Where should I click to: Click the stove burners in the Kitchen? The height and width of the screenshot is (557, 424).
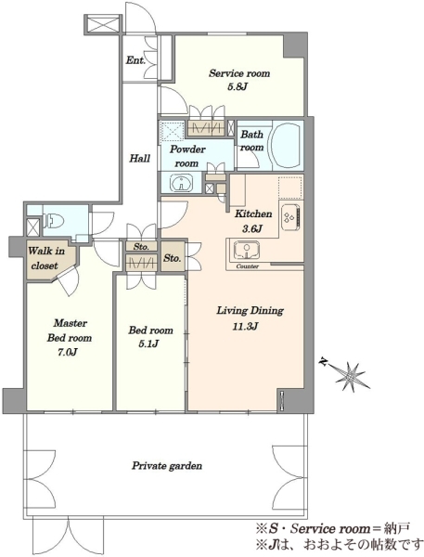coord(288,216)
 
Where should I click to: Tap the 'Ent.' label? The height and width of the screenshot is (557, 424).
coord(135,60)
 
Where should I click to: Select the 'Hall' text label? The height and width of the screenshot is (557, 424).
coord(139,159)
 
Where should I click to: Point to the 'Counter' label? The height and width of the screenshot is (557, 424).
coord(248,266)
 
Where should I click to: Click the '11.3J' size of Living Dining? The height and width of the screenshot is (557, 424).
coord(245,326)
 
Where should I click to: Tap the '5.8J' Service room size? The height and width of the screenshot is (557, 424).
coord(238,86)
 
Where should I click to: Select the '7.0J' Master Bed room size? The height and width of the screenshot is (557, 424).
coord(68,352)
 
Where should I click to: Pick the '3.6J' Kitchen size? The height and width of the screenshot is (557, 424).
coord(252,228)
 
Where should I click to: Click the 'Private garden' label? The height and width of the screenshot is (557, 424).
coord(167,466)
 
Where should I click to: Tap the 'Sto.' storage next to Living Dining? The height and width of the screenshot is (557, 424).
coord(173,257)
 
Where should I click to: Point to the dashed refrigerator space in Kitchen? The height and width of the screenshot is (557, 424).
coord(290,188)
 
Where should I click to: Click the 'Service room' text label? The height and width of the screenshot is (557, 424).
coord(239,73)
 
